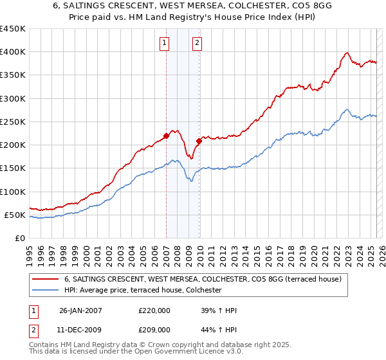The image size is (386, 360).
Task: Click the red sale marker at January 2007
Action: [166, 136]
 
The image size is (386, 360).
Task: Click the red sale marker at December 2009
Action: [199, 141]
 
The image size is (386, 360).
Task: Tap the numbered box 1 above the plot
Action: [165, 44]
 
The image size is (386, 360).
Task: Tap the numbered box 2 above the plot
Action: [197, 44]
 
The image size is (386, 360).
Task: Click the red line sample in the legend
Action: [46, 279]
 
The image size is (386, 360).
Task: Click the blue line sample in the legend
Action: [46, 291]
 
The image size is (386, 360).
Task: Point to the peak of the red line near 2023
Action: [347, 53]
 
